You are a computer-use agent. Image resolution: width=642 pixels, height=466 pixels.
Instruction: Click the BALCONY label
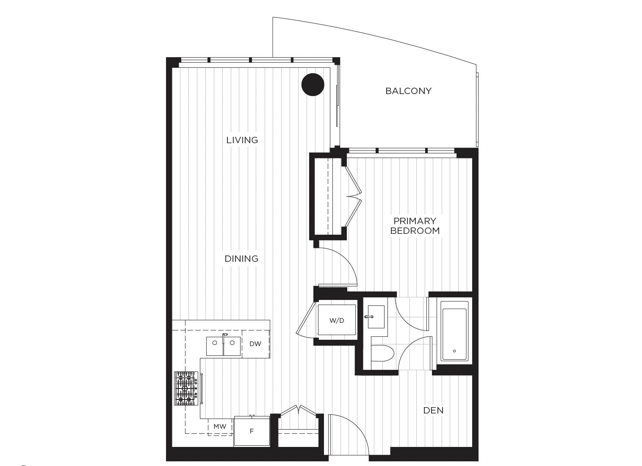[408, 91]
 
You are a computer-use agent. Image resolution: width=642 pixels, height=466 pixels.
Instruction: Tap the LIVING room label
[242, 140]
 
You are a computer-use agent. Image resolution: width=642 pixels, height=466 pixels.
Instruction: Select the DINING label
[241, 259]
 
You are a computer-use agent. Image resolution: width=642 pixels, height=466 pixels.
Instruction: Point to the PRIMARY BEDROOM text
[415, 226]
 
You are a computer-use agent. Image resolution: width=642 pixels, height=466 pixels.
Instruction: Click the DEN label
[433, 411]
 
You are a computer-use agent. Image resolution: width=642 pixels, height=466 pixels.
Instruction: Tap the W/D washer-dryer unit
[337, 320]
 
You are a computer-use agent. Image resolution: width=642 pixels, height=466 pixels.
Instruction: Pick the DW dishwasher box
[256, 344]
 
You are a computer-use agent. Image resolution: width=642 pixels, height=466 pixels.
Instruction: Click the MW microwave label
[220, 426]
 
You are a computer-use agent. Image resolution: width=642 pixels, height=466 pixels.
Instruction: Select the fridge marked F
[252, 431]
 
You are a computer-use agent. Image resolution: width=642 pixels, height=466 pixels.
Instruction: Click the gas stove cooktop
[186, 388]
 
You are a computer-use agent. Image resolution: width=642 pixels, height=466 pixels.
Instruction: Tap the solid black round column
[313, 85]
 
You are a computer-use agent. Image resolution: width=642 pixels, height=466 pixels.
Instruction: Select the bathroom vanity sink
[376, 316]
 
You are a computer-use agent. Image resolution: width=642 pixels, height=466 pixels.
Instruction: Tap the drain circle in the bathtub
[454, 351]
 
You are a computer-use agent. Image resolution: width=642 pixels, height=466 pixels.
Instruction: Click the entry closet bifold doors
[299, 410]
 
